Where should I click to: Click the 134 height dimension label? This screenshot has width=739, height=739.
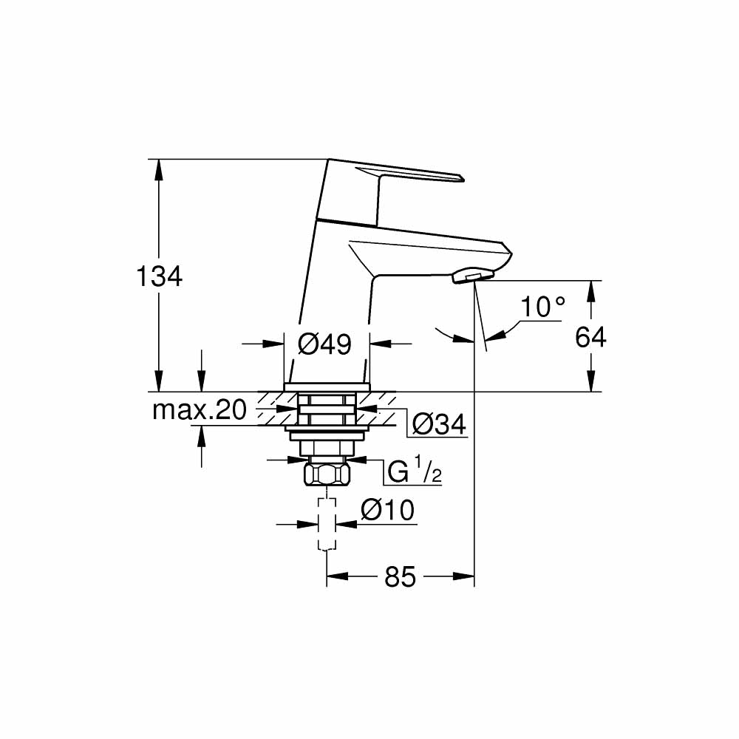tap(159, 276)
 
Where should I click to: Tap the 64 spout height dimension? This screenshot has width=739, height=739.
tap(590, 337)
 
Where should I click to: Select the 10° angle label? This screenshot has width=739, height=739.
tap(542, 307)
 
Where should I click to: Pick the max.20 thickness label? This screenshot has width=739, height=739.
tap(200, 410)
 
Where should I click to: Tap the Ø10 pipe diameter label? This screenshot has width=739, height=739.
tap(388, 509)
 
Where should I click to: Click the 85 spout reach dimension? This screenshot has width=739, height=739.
tap(400, 576)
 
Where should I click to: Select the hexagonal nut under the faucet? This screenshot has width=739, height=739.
tap(327, 474)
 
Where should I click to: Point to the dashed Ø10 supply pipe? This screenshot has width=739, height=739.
tap(327, 524)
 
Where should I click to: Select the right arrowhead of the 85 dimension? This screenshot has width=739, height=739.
tap(463, 576)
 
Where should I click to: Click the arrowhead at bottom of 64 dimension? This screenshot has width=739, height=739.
tap(591, 381)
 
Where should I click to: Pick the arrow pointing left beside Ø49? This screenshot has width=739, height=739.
tap(381, 344)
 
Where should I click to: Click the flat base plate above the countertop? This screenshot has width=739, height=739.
tap(327, 387)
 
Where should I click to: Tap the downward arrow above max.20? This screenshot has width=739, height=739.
tap(202, 381)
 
